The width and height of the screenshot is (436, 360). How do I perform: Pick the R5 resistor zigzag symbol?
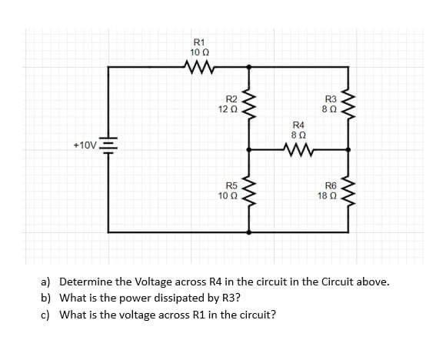[248, 192]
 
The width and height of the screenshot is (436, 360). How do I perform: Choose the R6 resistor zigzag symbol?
[348, 192]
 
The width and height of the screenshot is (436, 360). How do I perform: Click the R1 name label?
[199, 42]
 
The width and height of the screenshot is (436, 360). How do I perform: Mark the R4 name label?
[299, 124]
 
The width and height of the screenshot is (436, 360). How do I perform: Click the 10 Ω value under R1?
[199, 52]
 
